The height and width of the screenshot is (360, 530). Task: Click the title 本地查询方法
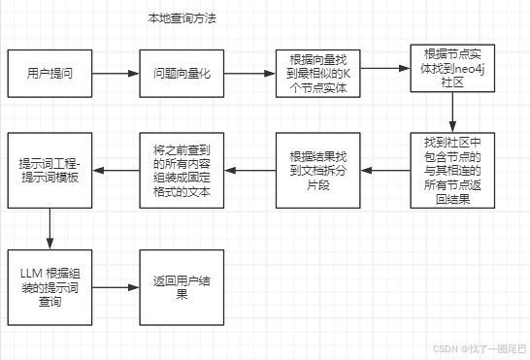tap(182, 17)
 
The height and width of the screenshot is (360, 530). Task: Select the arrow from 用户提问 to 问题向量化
tap(116, 73)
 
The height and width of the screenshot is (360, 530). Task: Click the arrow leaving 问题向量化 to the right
tap(249, 73)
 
